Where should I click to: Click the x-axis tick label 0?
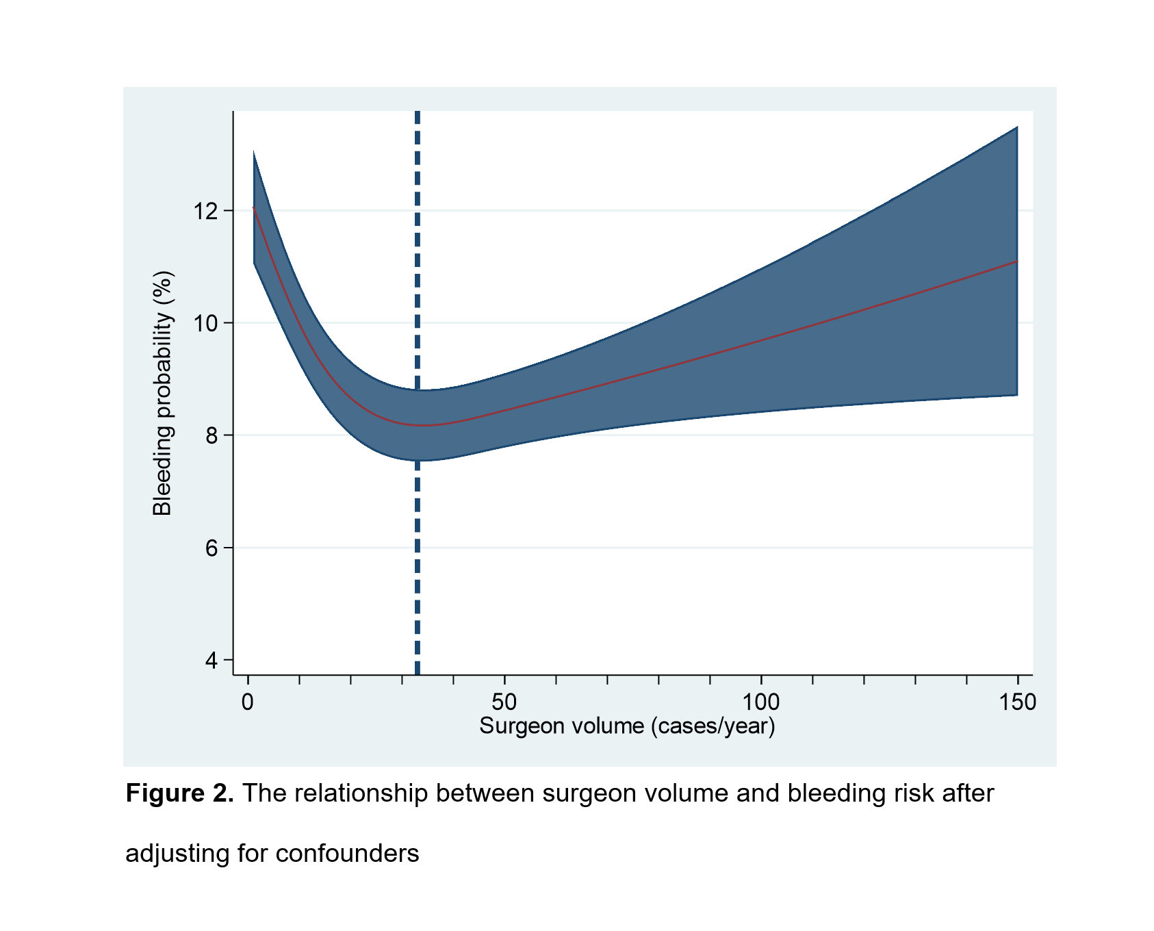(x=248, y=702)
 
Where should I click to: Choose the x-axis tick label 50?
(x=504, y=702)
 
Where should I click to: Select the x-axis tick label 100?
(x=761, y=702)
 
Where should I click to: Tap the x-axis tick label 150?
(x=1018, y=702)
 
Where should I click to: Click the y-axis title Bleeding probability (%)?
(x=163, y=394)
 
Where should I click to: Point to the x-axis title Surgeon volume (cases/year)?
(x=627, y=726)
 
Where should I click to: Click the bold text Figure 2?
(x=180, y=793)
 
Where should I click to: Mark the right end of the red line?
(x=1017, y=262)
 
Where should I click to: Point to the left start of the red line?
(x=254, y=207)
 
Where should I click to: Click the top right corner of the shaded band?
(x=1017, y=127)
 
